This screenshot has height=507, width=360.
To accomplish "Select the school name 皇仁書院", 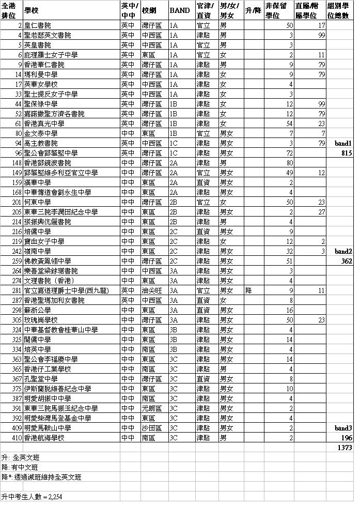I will pyautogui.click(x=38, y=25).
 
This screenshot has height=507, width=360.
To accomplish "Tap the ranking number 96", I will pyautogui.click(x=18, y=153).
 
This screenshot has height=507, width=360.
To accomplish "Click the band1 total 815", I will pyautogui.click(x=346, y=153).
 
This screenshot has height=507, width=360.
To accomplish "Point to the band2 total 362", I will pyautogui.click(x=346, y=262).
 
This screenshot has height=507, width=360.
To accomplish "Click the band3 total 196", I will pyautogui.click(x=347, y=438).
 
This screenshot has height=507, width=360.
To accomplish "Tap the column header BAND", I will pyautogui.click(x=179, y=10).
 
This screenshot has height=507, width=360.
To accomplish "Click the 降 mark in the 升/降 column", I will pyautogui.click(x=248, y=290).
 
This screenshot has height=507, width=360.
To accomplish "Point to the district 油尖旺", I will pyautogui.click(x=151, y=290).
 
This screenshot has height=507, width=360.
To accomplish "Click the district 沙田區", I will pyautogui.click(x=151, y=428).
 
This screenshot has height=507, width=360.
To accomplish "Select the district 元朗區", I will pyautogui.click(x=151, y=408).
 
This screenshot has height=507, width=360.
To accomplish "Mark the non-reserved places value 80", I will pyautogui.click(x=289, y=163).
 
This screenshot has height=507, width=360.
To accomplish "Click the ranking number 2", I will pyautogui.click(x=20, y=25).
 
